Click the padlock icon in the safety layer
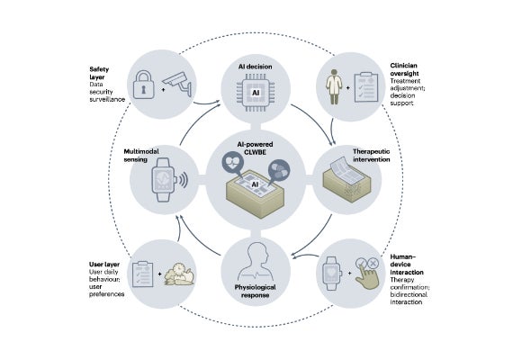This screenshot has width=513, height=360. [x=144, y=85]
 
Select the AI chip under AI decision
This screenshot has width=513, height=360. [x=256, y=93]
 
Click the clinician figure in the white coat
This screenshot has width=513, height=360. [x=334, y=86]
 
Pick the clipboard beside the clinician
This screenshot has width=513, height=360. [x=366, y=87]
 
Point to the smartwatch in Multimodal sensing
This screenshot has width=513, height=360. [x=166, y=180]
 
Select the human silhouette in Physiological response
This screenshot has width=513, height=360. [x=256, y=262]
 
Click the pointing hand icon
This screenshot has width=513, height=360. [x=367, y=278]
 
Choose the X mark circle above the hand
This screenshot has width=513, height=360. [x=373, y=263]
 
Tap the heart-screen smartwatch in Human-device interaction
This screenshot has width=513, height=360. [x=331, y=274]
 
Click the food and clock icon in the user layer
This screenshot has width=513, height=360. [x=180, y=274]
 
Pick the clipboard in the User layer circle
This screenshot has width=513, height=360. [x=142, y=274]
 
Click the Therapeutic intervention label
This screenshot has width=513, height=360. [x=372, y=156]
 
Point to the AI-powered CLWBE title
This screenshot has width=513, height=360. [x=256, y=148]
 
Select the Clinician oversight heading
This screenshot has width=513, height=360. [x=404, y=69]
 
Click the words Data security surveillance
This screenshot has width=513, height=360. [x=107, y=92]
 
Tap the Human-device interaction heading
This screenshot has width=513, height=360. [x=407, y=265]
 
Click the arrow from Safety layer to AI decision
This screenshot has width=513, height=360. [x=207, y=103]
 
